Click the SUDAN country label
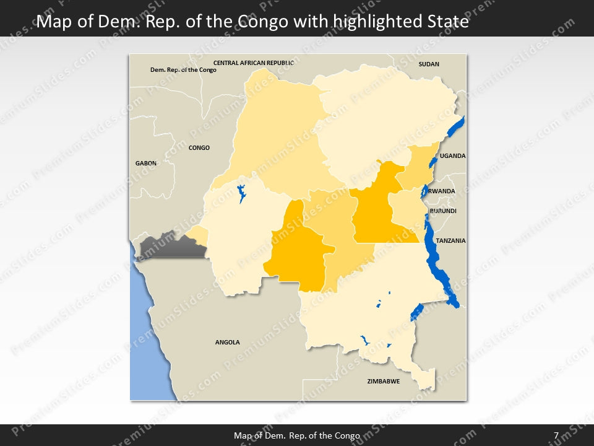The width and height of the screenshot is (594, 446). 429,64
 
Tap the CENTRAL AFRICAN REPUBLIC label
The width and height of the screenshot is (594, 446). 254,63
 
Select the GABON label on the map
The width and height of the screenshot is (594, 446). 146,163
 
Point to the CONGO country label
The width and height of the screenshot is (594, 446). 199,148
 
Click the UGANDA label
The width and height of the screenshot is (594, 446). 453,156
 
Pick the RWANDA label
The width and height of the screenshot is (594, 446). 442,191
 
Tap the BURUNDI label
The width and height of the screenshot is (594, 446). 443,211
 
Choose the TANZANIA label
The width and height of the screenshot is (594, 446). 450,241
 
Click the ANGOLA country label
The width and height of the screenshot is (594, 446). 227,343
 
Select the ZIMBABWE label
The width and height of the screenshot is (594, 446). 384,382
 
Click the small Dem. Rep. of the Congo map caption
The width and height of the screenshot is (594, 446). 183,70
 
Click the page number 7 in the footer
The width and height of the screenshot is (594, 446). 556,435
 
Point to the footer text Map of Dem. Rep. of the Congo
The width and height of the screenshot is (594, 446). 297,435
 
